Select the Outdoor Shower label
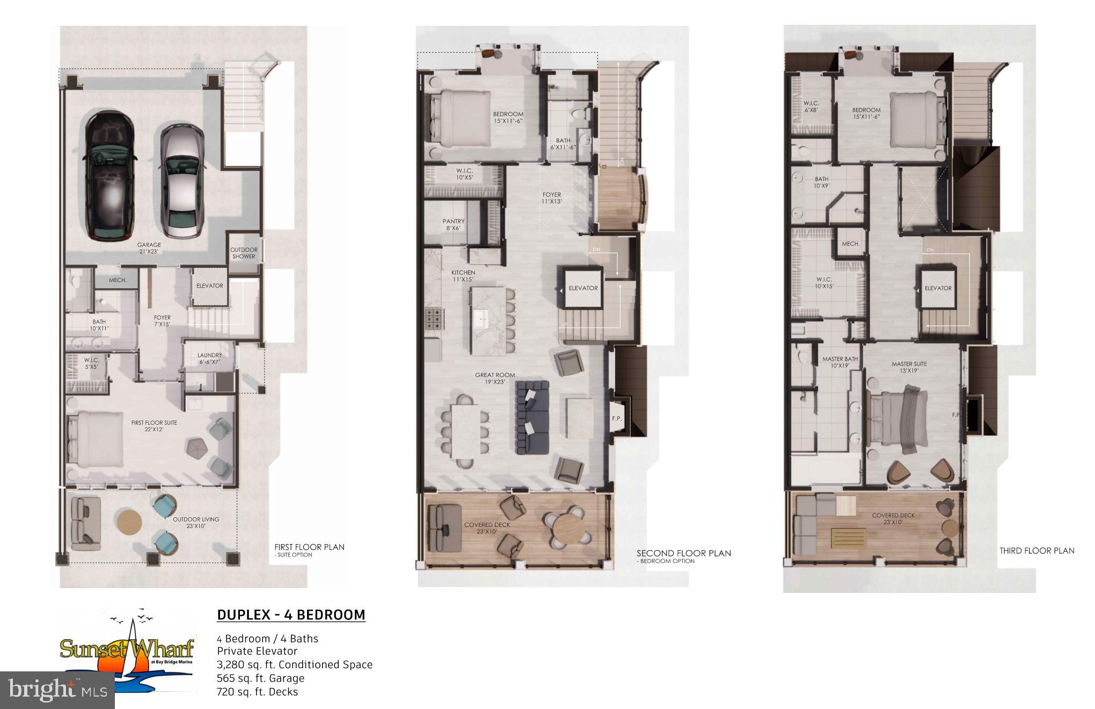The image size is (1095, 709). coord(244,253)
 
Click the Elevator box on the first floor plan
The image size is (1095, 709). coord(209,286)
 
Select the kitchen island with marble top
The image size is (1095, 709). coord(487,321)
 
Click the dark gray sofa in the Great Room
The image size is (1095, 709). coord(532,417)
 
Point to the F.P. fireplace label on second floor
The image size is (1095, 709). coord(616,418)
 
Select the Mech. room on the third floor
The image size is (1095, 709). coord(850,244)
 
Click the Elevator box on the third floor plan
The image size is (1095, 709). coord(938,288)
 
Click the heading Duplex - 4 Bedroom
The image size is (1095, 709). coord(291,615)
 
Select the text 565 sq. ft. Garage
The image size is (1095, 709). coord(260,678)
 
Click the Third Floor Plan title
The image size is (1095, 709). coord(1036,551)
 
